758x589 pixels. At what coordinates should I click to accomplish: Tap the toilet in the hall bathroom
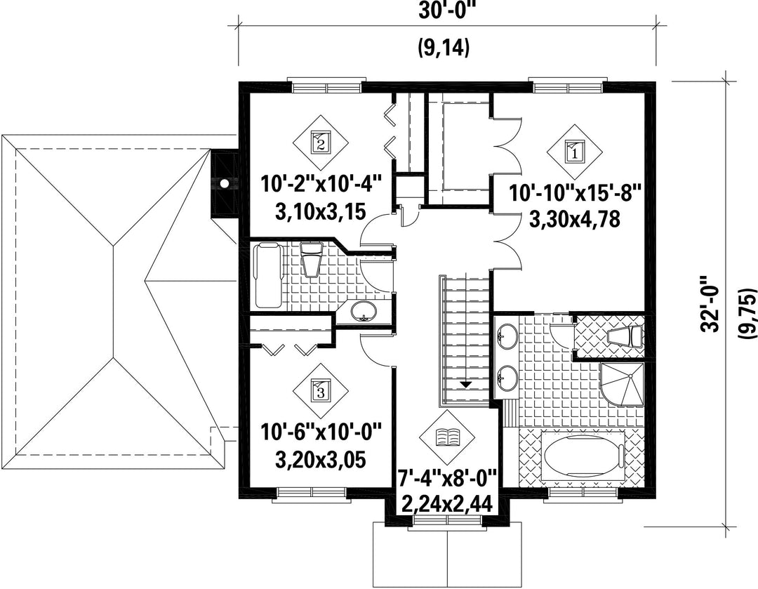click(x=312, y=259)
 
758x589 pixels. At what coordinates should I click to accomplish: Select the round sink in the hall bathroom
click(x=363, y=311)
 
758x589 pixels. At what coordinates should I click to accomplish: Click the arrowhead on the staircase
click(x=465, y=385)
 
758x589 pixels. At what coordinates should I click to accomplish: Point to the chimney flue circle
click(x=225, y=183)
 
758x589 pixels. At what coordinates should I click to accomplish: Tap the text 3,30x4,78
click(x=575, y=219)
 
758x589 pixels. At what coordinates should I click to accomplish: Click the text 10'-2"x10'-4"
click(x=321, y=184)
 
